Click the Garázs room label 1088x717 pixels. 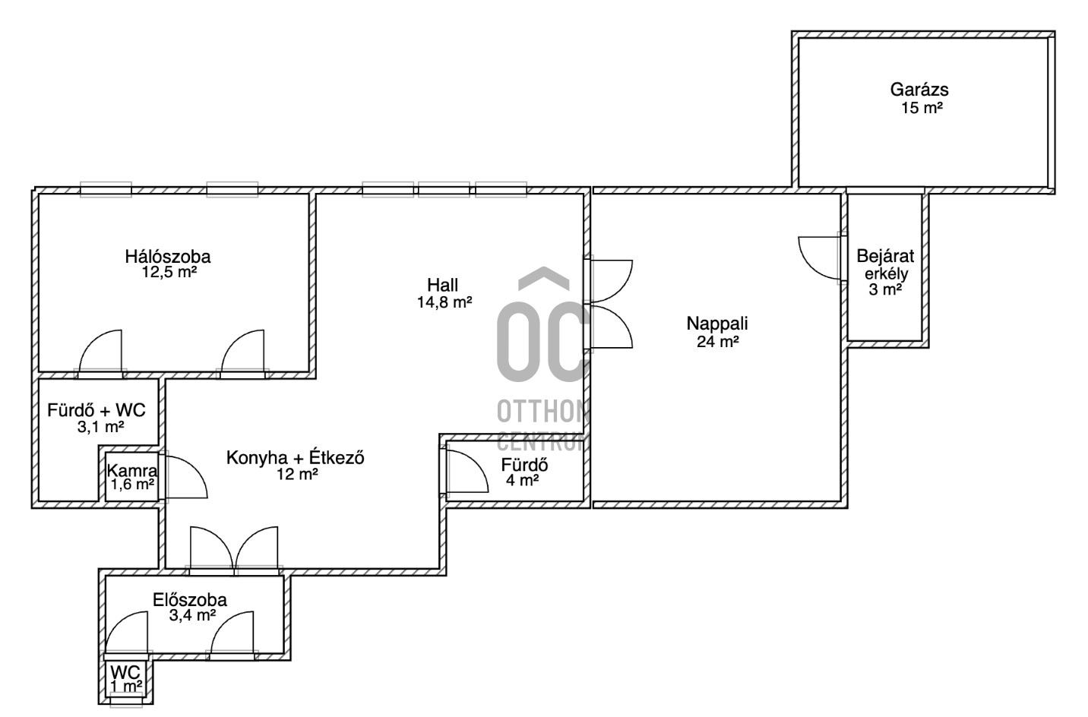coord(919,90)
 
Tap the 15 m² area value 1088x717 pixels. coord(922,108)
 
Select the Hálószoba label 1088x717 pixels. coord(168,256)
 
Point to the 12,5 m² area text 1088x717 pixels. coord(169,272)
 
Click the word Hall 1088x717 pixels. coord(442,285)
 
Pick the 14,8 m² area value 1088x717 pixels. coord(444,302)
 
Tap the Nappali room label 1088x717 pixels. coord(717,324)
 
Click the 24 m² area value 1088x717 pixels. coord(718,342)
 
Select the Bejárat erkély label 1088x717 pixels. coord(885,264)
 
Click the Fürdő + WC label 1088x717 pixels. coord(96,411)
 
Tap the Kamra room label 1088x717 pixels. coord(132,470)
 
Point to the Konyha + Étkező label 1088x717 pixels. coord(296,458)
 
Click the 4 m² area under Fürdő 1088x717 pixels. coord(522,481)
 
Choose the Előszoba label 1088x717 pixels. coord(190,600)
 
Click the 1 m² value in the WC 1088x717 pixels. coord(126,687)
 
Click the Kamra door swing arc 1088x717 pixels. coord(193,470)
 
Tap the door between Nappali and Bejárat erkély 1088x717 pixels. coord(820,258)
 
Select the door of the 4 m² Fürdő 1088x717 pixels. coord(467,472)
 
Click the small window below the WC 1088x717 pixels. coord(126,702)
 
